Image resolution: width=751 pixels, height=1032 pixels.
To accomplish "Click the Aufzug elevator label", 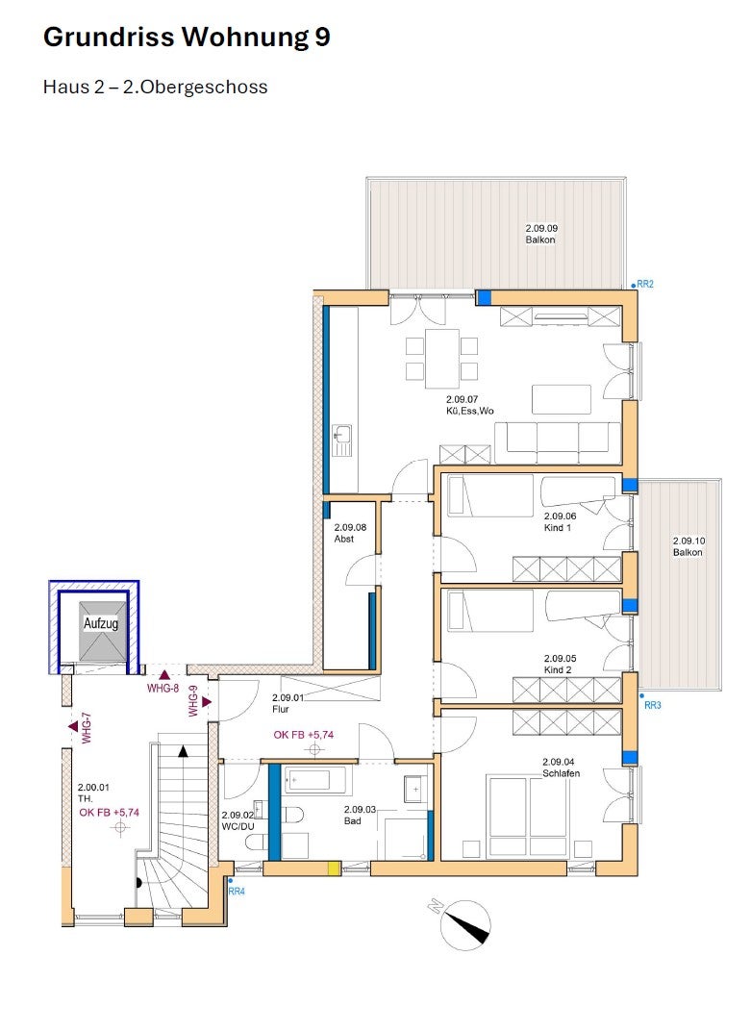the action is (x=101, y=622).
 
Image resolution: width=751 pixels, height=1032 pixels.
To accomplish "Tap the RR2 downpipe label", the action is (x=645, y=285).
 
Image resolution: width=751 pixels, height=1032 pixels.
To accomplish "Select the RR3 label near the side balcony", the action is (x=652, y=705).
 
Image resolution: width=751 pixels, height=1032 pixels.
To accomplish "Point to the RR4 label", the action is (x=237, y=892).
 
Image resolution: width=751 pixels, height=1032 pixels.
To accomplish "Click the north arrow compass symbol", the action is (x=465, y=924).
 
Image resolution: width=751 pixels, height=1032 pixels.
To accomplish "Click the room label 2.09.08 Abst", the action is (x=349, y=533).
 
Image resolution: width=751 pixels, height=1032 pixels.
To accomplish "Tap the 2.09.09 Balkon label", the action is (x=541, y=235).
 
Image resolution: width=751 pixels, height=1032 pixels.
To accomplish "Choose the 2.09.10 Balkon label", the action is (x=688, y=546).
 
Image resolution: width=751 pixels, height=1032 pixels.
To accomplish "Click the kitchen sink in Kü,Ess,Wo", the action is (x=342, y=440).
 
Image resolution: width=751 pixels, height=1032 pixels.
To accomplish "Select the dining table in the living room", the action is (x=441, y=359).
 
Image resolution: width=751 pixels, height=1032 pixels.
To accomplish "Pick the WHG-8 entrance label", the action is (x=163, y=689).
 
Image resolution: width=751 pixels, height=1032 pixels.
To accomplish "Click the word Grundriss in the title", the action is (x=110, y=37).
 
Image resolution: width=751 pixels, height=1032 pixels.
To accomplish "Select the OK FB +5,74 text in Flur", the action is (x=304, y=735).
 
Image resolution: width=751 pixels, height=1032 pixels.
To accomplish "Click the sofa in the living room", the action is (x=558, y=442).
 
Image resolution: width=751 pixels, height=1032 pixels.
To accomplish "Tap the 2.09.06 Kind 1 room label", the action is (x=560, y=522).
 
